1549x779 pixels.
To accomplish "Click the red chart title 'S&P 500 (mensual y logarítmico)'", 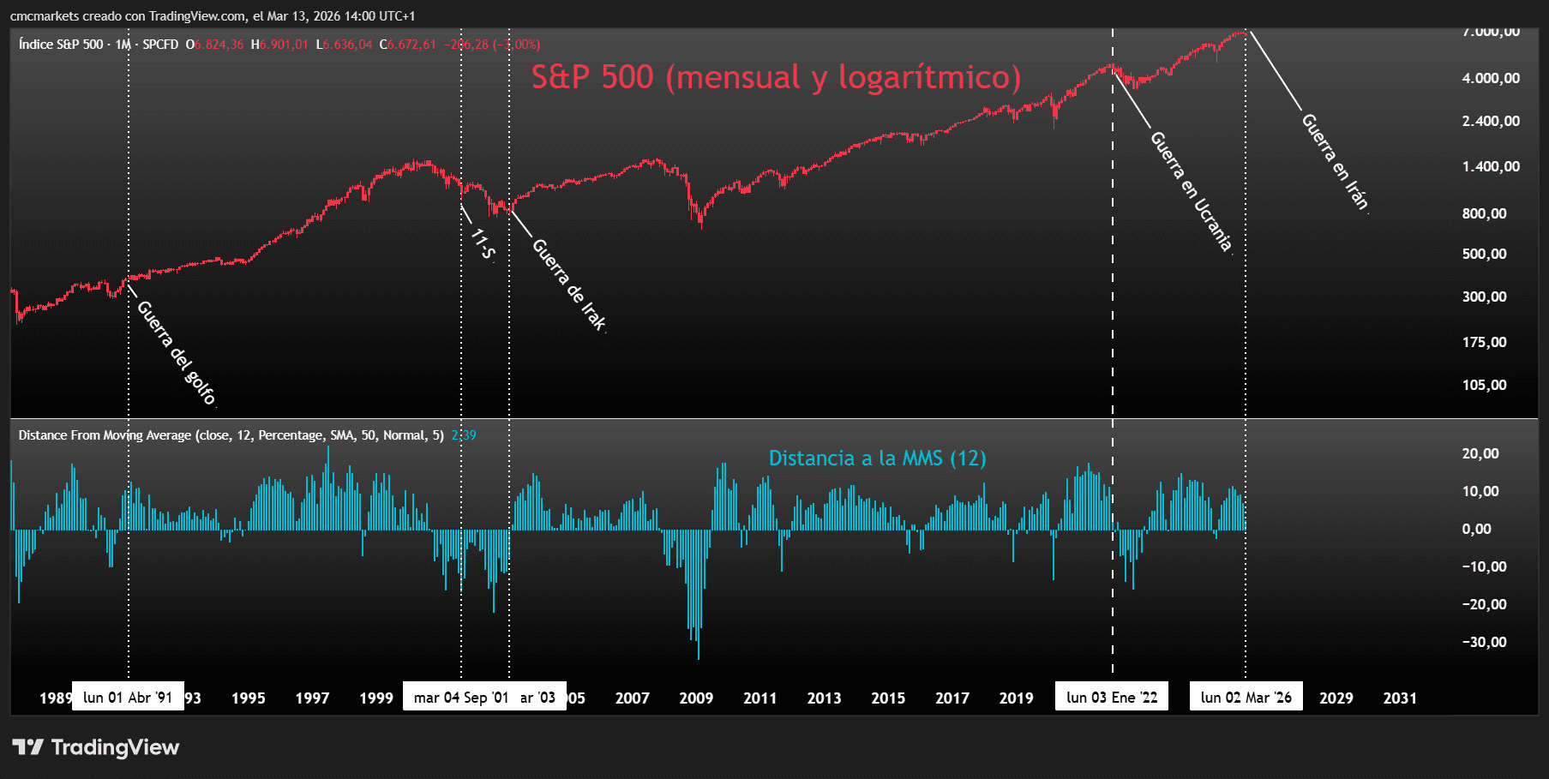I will (776, 77).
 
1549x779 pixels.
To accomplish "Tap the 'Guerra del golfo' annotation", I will (177, 352).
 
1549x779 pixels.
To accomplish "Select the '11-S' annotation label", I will (483, 244).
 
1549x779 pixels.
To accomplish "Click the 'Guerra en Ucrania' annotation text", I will (1191, 191).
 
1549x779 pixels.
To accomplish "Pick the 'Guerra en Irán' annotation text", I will (1335, 161).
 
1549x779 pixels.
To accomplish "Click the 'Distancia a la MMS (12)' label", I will (877, 458).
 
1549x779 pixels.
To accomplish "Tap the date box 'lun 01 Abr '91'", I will (128, 698).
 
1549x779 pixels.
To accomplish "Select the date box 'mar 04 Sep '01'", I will (461, 698).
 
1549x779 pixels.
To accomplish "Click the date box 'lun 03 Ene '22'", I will (1112, 698).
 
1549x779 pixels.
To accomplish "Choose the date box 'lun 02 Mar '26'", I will (1246, 698).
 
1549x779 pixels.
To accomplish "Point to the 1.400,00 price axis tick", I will (1491, 167).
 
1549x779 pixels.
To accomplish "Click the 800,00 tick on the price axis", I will (1484, 214).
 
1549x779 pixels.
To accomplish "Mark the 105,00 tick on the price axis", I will (1484, 386).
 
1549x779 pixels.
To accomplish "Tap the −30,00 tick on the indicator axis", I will (1484, 643).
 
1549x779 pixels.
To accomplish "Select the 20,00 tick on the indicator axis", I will (1480, 454).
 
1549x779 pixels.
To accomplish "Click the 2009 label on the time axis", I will (696, 698).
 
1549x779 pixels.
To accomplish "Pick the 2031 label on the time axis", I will (1400, 698).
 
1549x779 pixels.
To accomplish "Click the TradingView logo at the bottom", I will (96, 747).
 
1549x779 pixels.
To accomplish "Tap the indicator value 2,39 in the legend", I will (464, 435).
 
